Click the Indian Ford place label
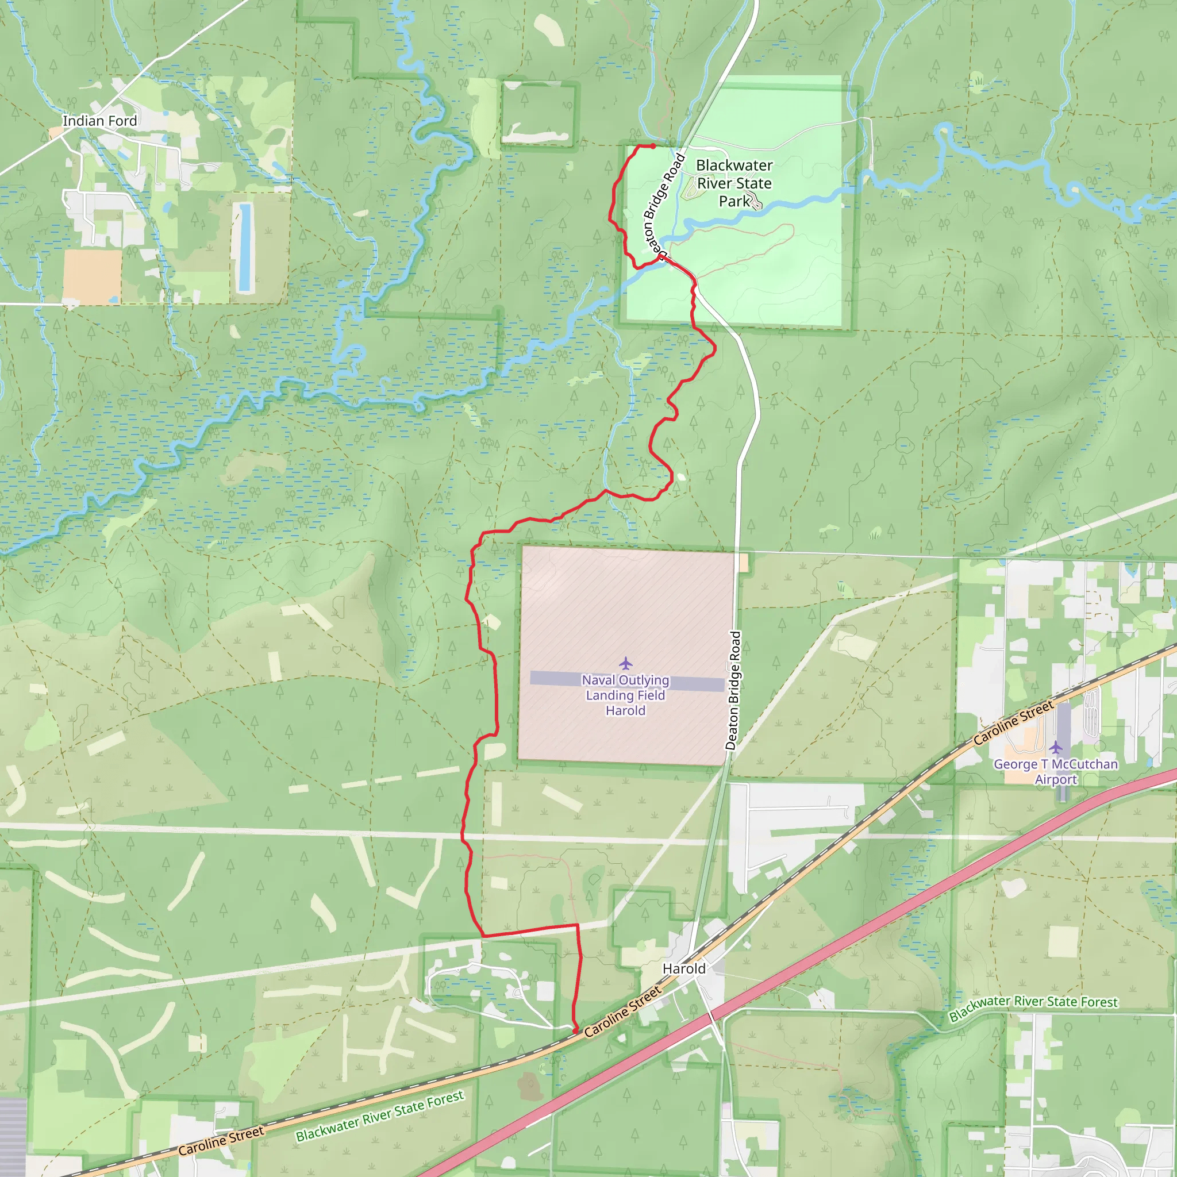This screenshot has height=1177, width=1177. (100, 121)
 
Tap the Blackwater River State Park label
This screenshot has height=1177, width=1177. (734, 183)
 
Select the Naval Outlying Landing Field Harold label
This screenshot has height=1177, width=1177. (626, 695)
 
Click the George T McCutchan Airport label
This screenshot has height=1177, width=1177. (1056, 771)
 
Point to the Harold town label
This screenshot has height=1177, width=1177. (683, 968)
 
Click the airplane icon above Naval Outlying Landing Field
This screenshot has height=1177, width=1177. (626, 663)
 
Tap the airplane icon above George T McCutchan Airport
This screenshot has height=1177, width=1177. (1056, 747)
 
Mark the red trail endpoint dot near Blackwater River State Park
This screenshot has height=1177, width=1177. (653, 146)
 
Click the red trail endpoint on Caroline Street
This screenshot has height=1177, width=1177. (576, 1031)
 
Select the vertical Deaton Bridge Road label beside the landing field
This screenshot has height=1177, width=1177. (733, 690)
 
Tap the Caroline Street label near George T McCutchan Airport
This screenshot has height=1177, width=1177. (1013, 723)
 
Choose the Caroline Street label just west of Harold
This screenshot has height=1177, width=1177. (622, 1012)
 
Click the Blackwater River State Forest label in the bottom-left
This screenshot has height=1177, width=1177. (379, 1116)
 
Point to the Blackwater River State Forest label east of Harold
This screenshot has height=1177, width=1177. (1033, 1007)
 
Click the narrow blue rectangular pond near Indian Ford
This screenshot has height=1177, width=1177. (245, 247)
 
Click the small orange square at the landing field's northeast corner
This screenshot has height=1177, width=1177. (743, 563)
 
